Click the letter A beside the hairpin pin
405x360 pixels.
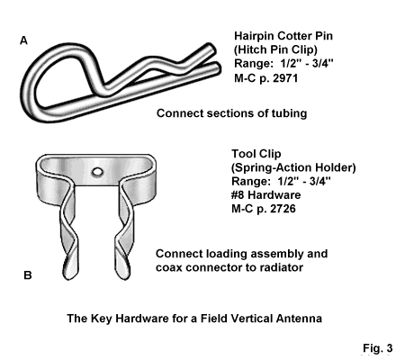pyautogui.click(x=23, y=40)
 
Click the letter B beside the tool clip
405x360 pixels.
pyautogui.click(x=28, y=275)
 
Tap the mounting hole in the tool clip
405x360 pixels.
pyautogui.click(x=97, y=172)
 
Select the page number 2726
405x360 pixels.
pyautogui.click(x=283, y=209)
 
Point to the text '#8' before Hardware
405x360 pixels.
pyautogui.click(x=238, y=194)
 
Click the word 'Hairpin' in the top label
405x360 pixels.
pyautogui.click(x=254, y=36)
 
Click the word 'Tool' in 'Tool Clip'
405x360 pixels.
pyautogui.click(x=242, y=154)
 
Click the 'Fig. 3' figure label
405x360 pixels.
pyautogui.click(x=378, y=348)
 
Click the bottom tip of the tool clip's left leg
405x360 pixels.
pyautogui.click(x=69, y=278)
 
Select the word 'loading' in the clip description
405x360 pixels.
pyautogui.click(x=225, y=254)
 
